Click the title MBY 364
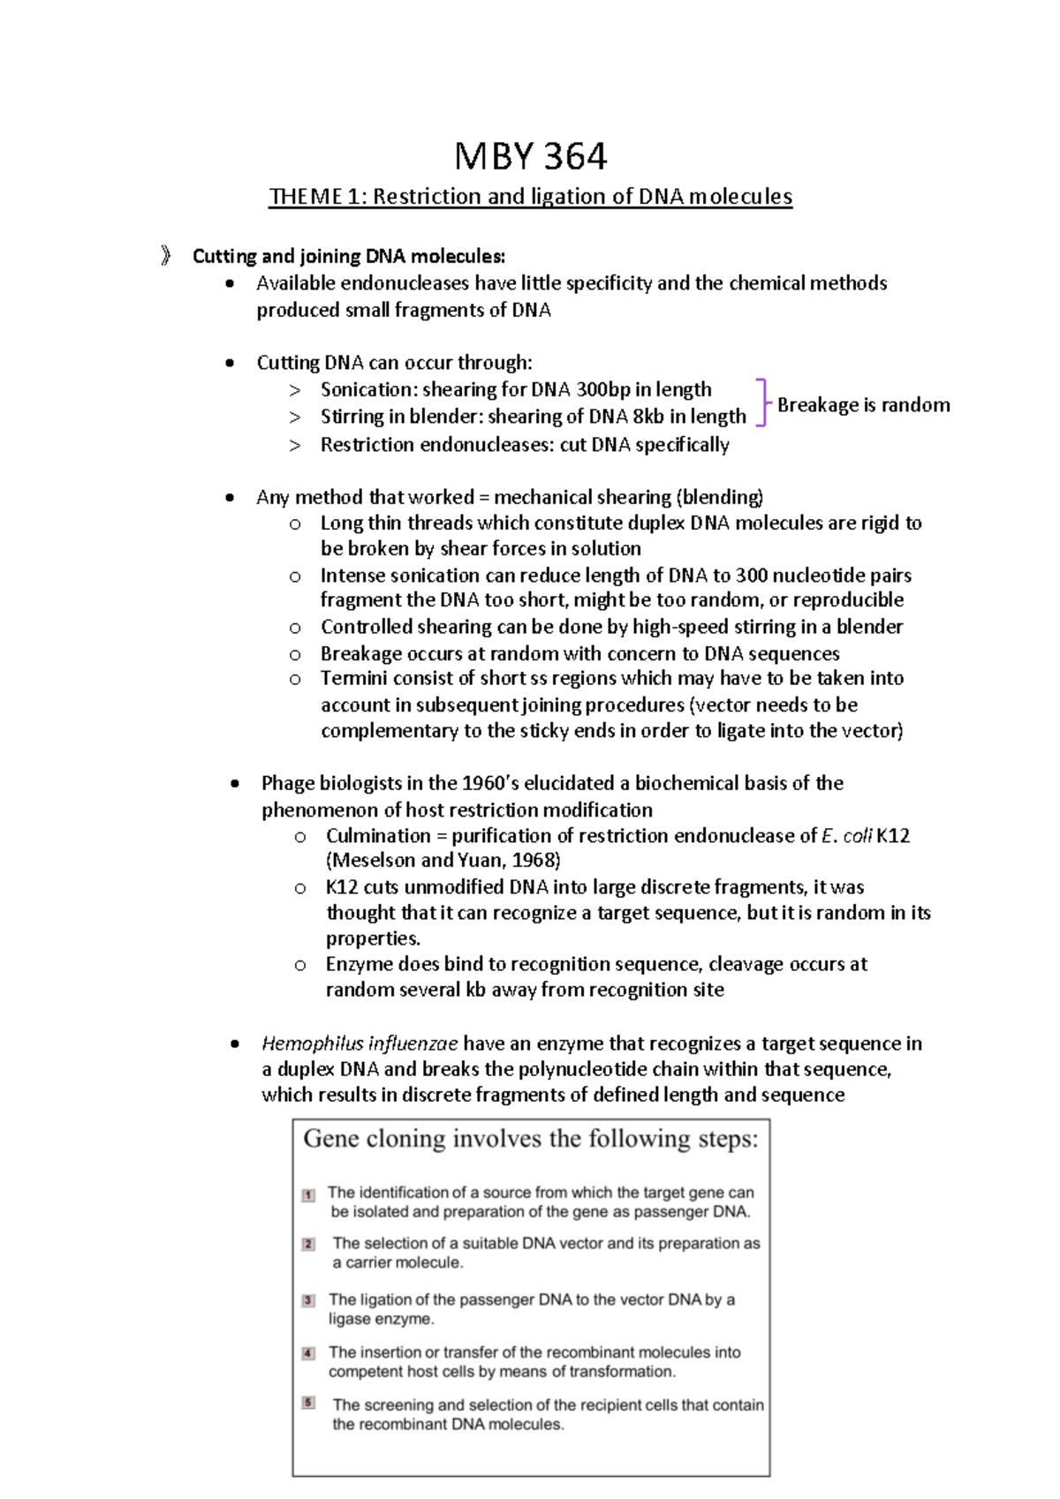tap(530, 157)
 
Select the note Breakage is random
tap(863, 405)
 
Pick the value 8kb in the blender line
tap(647, 417)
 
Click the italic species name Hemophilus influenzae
tap(360, 1043)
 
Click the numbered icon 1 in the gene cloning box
tap(308, 1195)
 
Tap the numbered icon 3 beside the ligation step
tap(308, 1300)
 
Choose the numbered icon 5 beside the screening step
tap(308, 1402)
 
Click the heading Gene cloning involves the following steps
tap(530, 1139)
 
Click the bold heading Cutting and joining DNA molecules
tap(349, 257)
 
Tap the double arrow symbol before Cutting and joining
tap(166, 256)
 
